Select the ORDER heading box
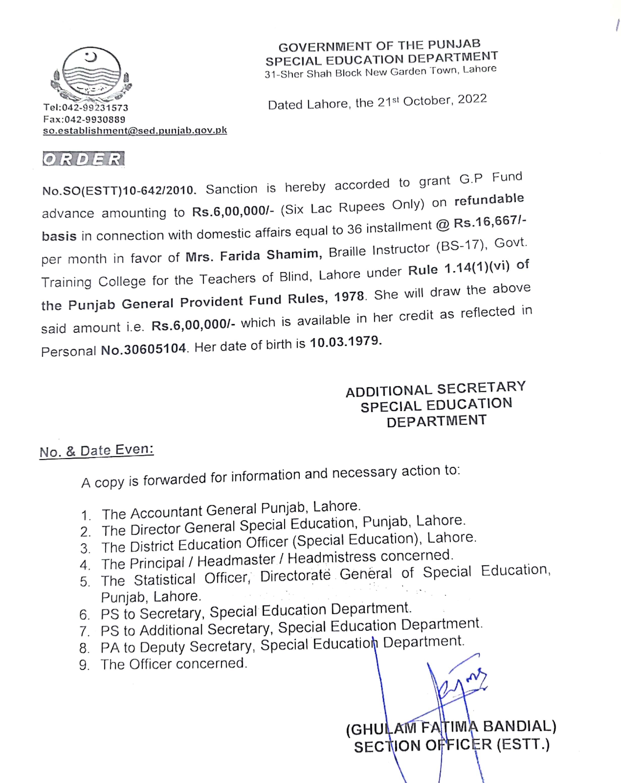coord(84,159)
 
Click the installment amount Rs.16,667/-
coord(490,222)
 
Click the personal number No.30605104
coord(143,349)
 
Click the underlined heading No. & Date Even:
coord(96,451)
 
